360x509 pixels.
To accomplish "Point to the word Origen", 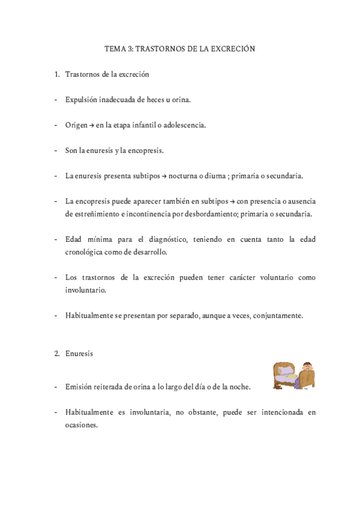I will coord(77,125).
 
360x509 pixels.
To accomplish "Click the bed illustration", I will coord(294,375).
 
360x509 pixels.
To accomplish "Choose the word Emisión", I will coord(80,387).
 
